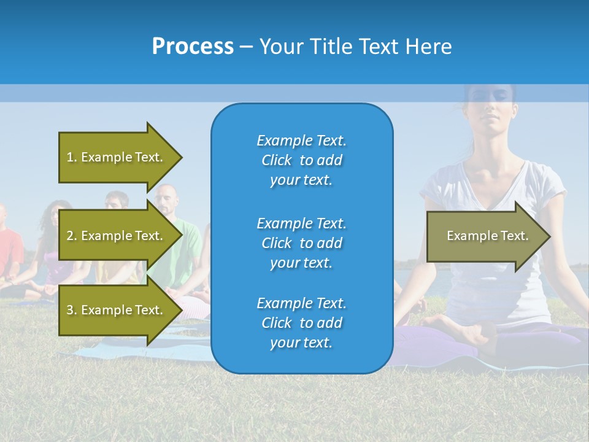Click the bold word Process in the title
193,46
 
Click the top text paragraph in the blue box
301,160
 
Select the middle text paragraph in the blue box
301,243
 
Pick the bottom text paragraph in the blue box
301,323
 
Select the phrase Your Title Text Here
355,46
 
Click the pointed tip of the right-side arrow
549,236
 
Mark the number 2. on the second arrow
71,236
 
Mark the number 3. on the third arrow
71,310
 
